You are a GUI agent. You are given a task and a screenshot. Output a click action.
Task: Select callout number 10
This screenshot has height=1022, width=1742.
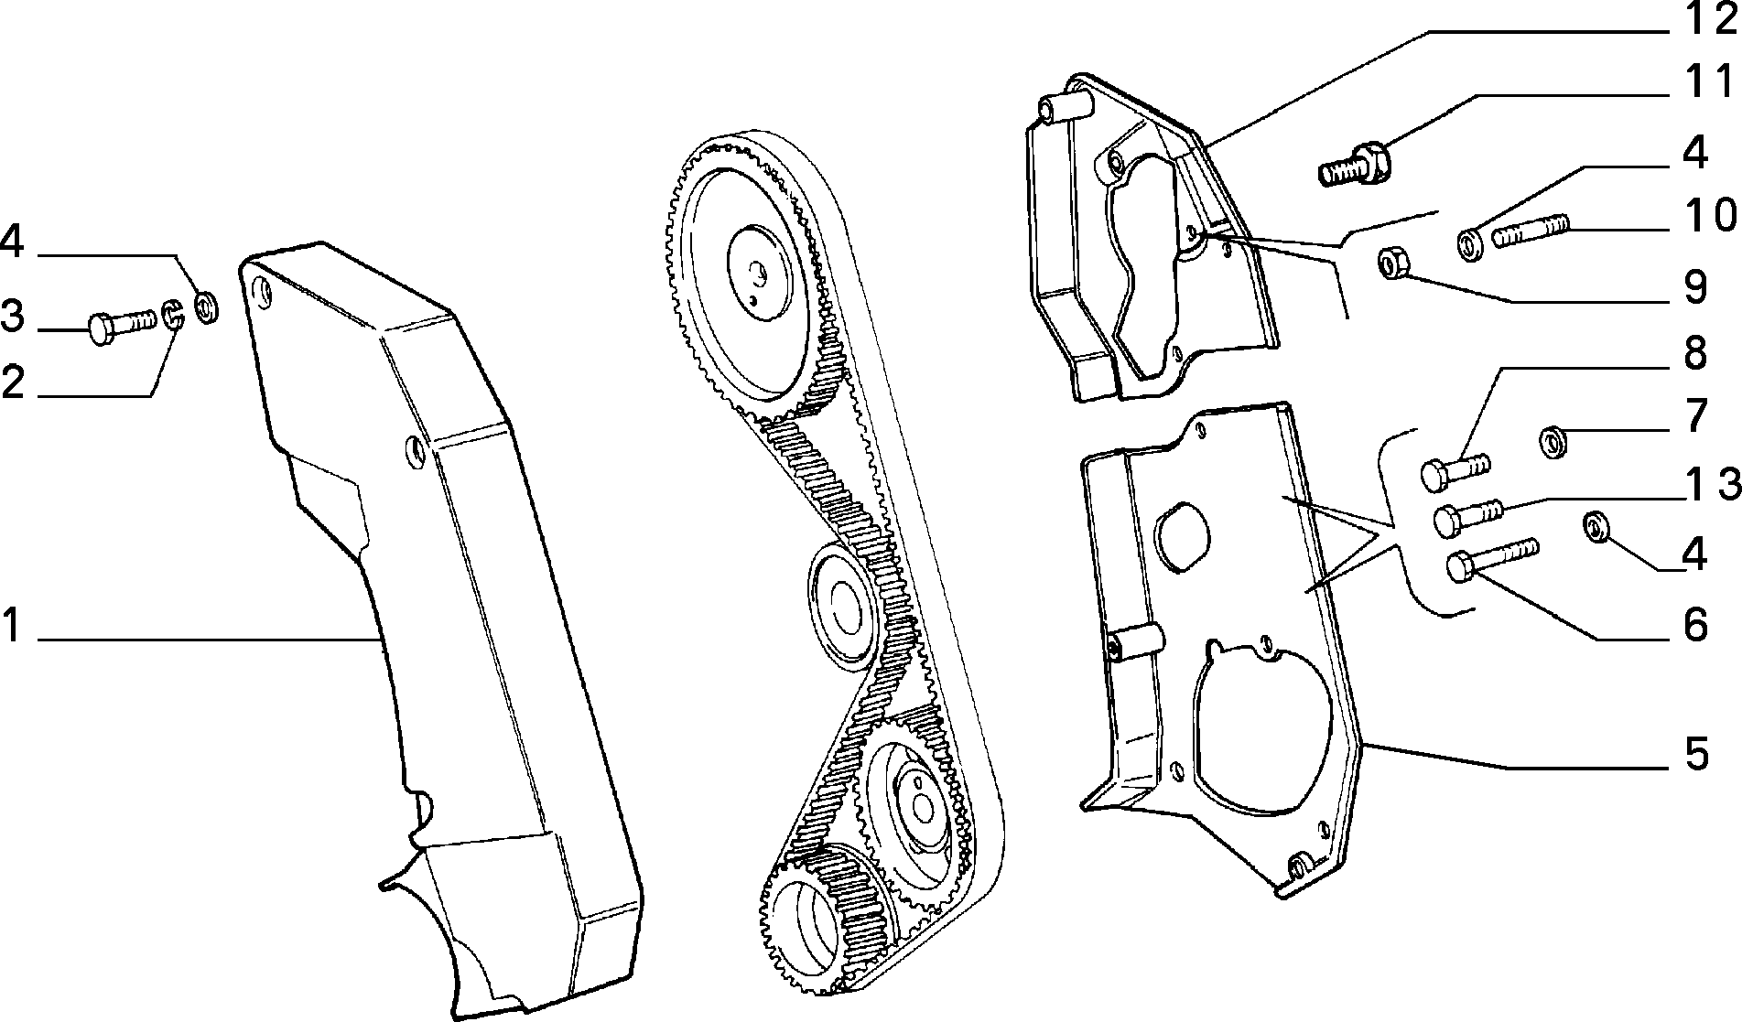[1708, 215]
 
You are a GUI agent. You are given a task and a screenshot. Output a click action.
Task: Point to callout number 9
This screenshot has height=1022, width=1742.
[1696, 286]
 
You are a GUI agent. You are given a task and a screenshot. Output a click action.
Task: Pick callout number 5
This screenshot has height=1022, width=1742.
[1696, 756]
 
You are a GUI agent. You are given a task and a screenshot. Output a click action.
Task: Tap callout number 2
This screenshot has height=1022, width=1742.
[13, 382]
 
